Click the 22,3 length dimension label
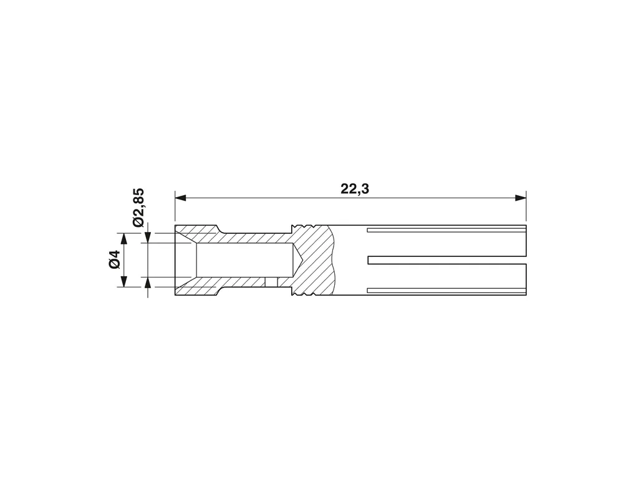coord(355,188)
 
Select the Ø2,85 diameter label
coord(138,208)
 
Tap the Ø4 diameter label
coord(115,259)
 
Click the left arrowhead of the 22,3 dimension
coord(180,198)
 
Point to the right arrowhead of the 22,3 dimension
coord(521,198)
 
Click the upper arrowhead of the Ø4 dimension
coord(125,239)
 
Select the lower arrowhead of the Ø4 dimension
coord(125,281)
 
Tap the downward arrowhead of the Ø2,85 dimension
coord(148,238)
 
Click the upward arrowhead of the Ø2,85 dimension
coord(148,283)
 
